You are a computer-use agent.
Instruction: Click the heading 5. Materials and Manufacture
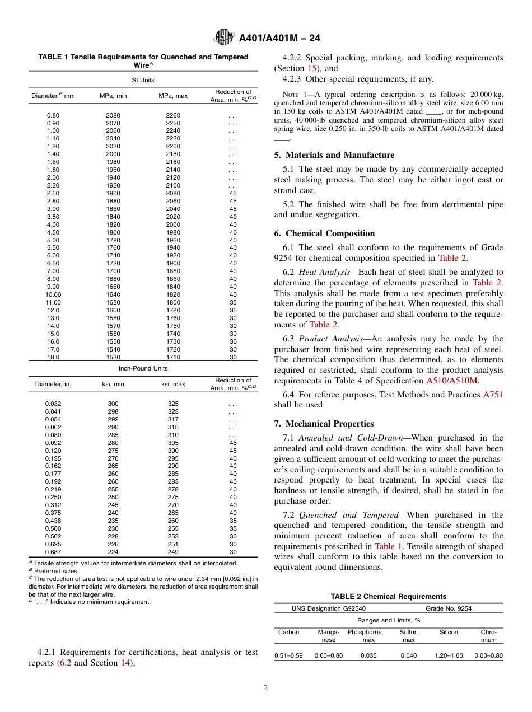339,155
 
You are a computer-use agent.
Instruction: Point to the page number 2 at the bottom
266,688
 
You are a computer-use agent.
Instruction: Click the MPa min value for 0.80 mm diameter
113,115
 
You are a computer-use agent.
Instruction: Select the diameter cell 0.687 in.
53,552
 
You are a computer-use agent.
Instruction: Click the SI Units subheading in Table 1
143,80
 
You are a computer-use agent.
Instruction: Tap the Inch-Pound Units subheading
143,368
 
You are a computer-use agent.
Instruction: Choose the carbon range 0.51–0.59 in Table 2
288,655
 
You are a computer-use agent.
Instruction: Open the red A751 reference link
493,394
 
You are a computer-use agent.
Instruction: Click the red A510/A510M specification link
452,381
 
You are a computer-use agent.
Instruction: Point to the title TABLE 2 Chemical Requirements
388,597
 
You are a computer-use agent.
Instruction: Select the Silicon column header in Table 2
449,632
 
